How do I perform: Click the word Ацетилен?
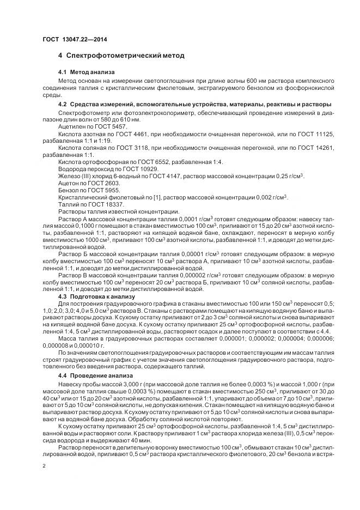[x=70, y=125]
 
